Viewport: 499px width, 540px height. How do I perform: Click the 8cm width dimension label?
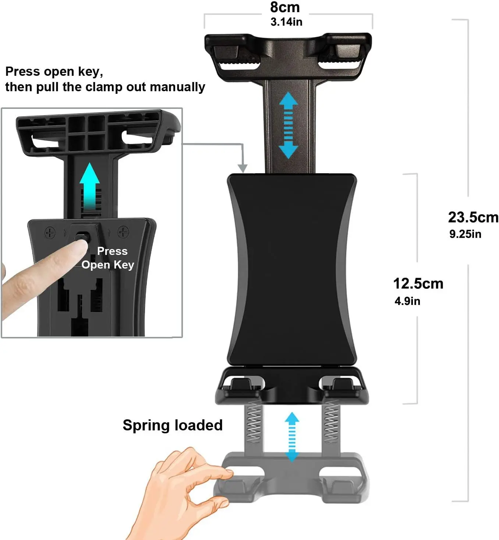coord(285,7)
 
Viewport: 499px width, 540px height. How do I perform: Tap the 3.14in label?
coord(286,22)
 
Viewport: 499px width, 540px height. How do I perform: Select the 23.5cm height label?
coord(473,217)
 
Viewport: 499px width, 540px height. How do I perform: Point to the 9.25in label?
coord(465,234)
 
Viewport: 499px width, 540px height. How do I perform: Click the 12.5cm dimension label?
coord(418,284)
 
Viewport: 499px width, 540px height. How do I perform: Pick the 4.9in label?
coord(407,301)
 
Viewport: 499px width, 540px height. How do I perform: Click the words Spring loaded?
coord(173,425)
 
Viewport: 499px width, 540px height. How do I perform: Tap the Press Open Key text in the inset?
coord(108,258)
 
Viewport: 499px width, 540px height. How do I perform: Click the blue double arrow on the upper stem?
coord(288,125)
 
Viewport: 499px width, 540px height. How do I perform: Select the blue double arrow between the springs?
coord(292,437)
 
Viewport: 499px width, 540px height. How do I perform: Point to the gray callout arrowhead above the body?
coord(242,168)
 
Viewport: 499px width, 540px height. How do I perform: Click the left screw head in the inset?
coord(50,232)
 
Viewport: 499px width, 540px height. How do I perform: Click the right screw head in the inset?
coord(123,232)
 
